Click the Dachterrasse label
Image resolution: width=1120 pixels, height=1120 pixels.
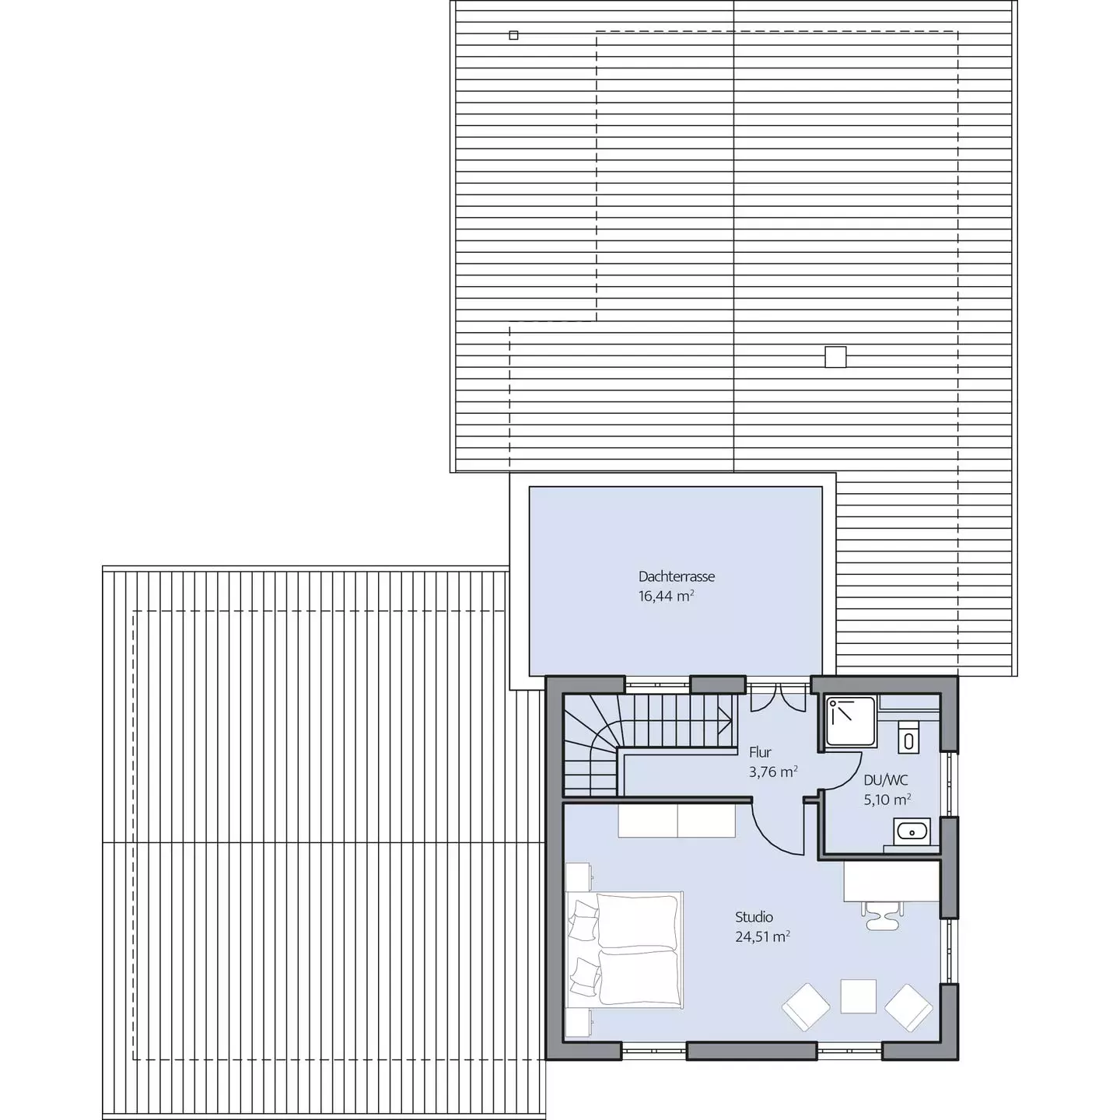coord(677,576)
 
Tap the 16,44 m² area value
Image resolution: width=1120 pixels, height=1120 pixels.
coord(666,596)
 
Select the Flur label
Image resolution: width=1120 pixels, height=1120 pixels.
coord(760,753)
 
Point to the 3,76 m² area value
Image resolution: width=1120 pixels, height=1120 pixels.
coord(773,772)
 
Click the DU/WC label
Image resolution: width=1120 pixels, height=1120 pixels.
coord(886,780)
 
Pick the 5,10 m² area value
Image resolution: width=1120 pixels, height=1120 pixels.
coord(887,800)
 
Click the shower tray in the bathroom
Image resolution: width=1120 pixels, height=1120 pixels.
coord(851,721)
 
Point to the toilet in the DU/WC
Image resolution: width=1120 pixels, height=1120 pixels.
coord(908,737)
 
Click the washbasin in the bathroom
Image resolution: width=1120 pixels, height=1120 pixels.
coord(912,831)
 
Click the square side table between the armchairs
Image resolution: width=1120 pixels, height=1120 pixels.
coord(858,996)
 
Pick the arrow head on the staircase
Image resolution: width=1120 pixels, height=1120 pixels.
coord(726,721)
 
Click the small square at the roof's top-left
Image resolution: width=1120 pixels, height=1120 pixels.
coord(513,36)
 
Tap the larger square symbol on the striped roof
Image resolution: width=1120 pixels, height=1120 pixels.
coord(835,357)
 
